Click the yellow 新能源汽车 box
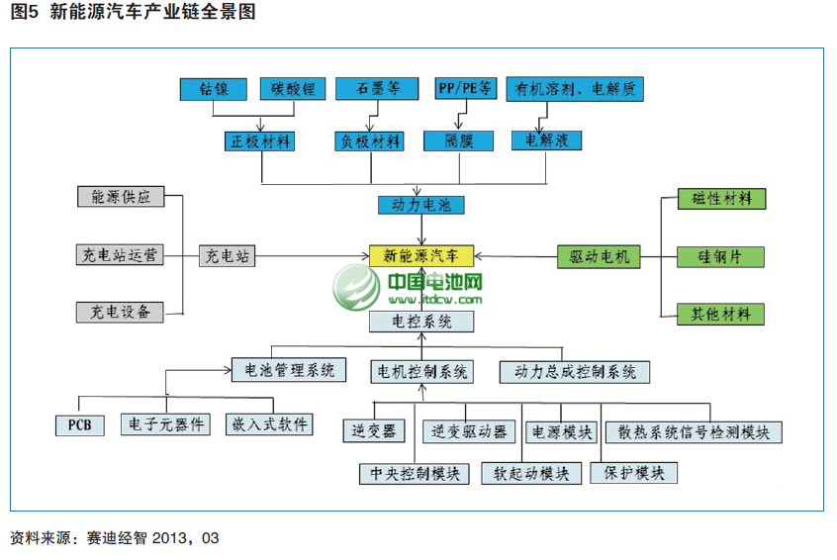pos(420,255)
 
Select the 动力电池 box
pos(420,206)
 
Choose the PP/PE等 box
pos(465,89)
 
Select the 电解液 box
pos(546,140)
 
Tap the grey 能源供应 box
pos(120,196)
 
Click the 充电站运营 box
pos(120,255)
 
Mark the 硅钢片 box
pos(721,256)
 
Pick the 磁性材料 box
pos(721,198)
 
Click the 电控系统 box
pos(420,321)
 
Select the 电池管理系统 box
pos(289,371)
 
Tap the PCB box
pos(80,424)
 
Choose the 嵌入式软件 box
pos(269,424)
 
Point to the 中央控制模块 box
pos(414,473)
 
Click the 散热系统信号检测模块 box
pos(693,432)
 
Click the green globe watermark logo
pos(357,288)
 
